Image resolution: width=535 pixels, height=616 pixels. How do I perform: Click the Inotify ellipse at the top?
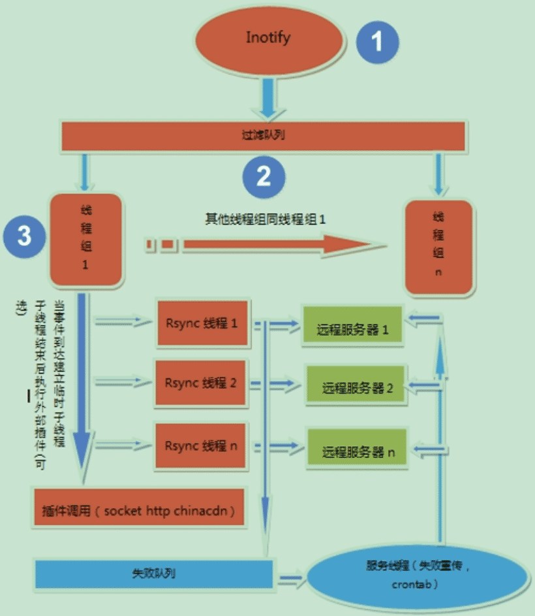tap(268, 38)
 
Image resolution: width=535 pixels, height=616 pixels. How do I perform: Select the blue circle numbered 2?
tap(264, 176)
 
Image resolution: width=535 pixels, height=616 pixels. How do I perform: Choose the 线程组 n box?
tap(437, 246)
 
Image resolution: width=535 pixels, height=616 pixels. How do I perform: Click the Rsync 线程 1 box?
tap(202, 323)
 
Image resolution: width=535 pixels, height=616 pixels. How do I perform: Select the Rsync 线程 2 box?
tap(202, 382)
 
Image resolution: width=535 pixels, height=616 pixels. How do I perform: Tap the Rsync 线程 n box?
tap(202, 446)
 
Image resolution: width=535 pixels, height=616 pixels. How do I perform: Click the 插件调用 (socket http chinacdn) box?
tap(138, 508)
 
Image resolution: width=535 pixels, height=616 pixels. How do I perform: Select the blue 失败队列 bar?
tap(152, 573)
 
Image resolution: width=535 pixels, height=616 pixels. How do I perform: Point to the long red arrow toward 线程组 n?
tap(274, 245)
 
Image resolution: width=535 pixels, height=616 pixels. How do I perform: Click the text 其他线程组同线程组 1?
tap(266, 219)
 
